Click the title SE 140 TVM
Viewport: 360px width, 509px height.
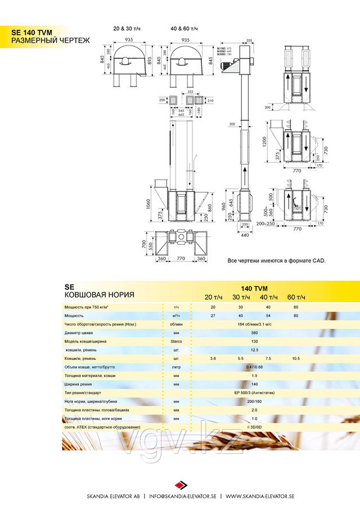pyautogui.click(x=32, y=33)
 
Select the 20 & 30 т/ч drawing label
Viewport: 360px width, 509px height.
pyautogui.click(x=127, y=28)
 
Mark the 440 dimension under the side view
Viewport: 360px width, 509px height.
pyautogui.click(x=244, y=235)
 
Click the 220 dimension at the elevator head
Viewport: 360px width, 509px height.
pyautogui.click(x=249, y=41)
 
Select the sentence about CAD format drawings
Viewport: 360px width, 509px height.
pyautogui.click(x=277, y=261)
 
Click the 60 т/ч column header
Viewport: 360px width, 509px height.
pyautogui.click(x=296, y=297)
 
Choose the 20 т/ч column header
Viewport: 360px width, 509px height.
pyautogui.click(x=213, y=297)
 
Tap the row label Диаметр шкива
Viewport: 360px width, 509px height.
pyautogui.click(x=79, y=332)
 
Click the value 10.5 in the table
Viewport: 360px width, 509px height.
pyautogui.click(x=296, y=358)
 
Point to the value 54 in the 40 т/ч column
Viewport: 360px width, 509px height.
pyautogui.click(x=268, y=316)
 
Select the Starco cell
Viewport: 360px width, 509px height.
pyautogui.click(x=176, y=341)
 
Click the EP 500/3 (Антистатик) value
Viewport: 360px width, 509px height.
pyautogui.click(x=254, y=392)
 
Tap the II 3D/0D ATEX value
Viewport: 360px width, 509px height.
pyautogui.click(x=254, y=427)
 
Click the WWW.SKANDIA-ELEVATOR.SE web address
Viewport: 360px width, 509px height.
pyautogui.click(x=259, y=497)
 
